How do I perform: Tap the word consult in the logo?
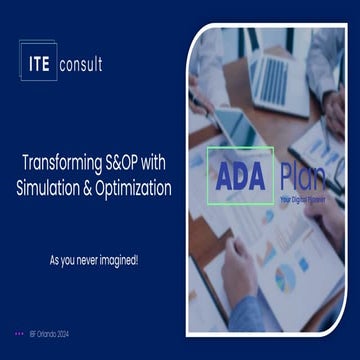81,65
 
